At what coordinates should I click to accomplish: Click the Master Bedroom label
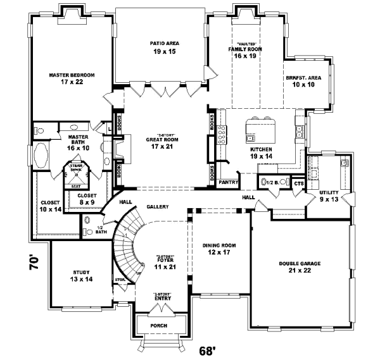click(x=72, y=78)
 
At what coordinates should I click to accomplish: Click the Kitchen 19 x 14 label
click(x=261, y=152)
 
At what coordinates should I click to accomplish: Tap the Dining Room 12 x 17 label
click(x=219, y=249)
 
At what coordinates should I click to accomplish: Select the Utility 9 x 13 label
click(x=329, y=196)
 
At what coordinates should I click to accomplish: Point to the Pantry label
click(x=227, y=182)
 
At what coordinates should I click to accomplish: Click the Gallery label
click(x=156, y=207)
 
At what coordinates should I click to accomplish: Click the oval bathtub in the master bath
click(x=42, y=154)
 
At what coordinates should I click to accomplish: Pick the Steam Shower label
click(x=76, y=169)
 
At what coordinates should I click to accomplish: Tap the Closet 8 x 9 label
click(x=87, y=199)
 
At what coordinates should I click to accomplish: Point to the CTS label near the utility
click(x=298, y=183)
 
